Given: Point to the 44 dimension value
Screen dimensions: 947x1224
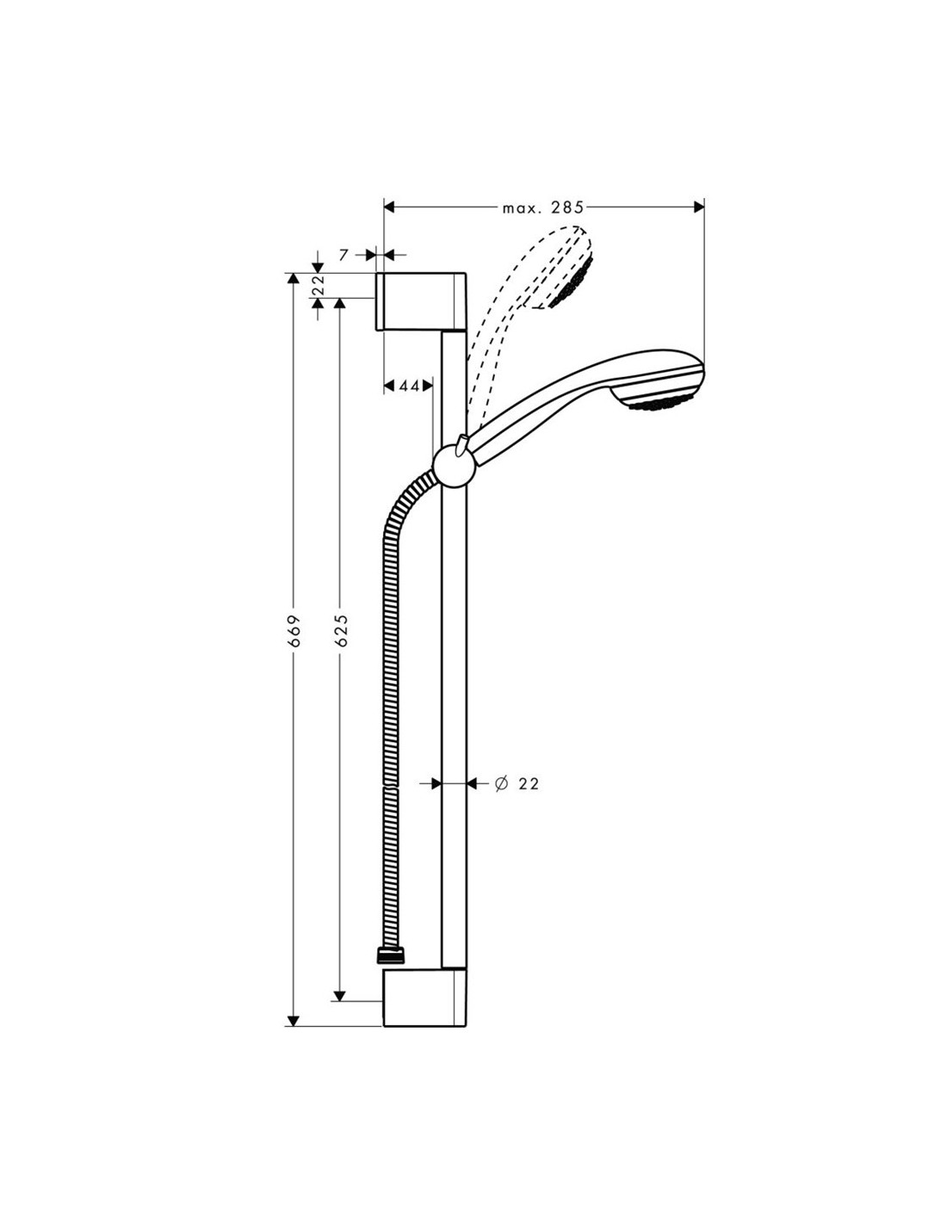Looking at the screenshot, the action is point(410,386).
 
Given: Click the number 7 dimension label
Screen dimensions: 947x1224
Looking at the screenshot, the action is point(344,255).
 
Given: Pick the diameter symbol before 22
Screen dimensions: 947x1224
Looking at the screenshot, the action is point(501,783).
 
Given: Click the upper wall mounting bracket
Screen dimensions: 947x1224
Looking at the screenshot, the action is point(421,301).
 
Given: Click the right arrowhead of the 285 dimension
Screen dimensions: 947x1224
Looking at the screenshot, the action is point(699,207).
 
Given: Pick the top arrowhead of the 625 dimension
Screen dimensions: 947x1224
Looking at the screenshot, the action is point(339,304).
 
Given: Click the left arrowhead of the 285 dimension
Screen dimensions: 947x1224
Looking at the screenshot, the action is point(389,207).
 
